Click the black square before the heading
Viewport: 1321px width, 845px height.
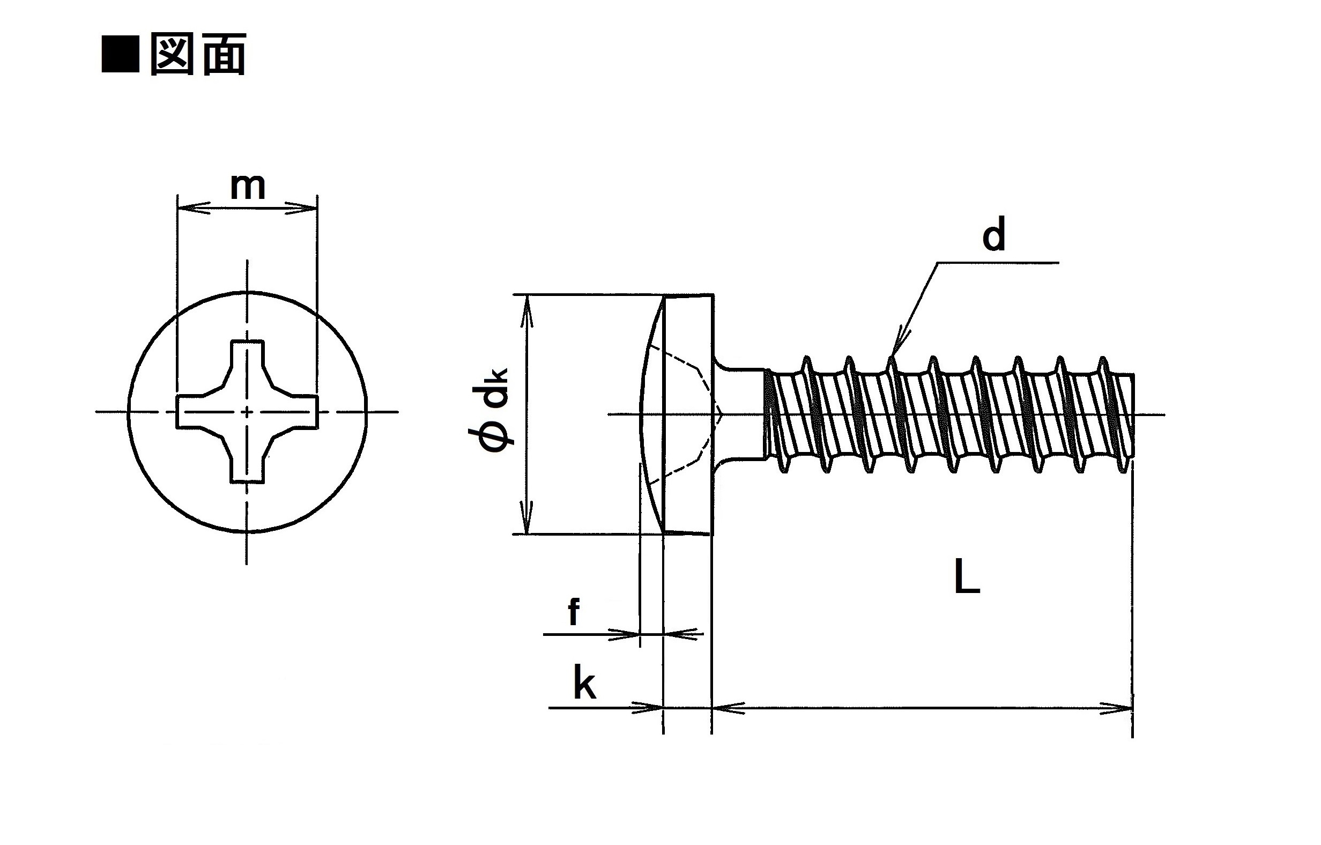pos(120,54)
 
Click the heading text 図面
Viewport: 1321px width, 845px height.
pos(197,54)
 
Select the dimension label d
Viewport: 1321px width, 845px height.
pos(993,235)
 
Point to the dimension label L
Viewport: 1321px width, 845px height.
pos(967,578)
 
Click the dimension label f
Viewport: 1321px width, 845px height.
pos(573,612)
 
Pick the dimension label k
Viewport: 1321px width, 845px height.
pos(584,683)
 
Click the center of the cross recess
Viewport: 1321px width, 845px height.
pos(247,412)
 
